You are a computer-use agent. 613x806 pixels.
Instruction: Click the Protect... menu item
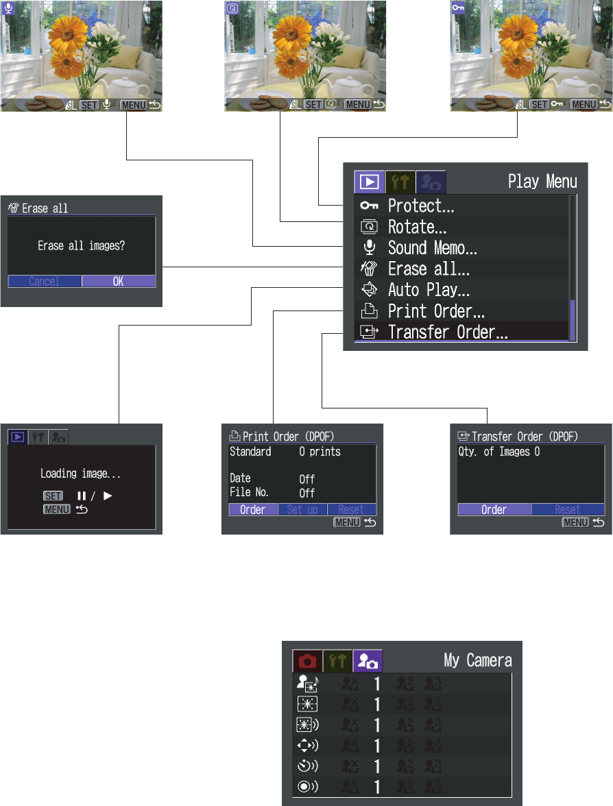click(x=421, y=205)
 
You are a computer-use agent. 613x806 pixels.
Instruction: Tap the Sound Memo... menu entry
click(x=432, y=247)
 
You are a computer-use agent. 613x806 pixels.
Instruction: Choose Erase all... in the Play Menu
click(x=429, y=269)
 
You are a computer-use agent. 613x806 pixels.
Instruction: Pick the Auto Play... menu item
click(x=429, y=290)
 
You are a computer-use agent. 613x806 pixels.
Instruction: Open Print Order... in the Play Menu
click(x=436, y=311)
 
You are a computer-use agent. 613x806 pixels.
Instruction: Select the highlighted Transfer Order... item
click(x=447, y=332)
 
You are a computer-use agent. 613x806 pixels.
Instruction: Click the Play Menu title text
click(x=542, y=182)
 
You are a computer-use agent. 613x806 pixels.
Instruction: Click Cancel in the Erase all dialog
click(x=44, y=282)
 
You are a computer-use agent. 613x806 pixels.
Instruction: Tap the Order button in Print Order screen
click(x=253, y=510)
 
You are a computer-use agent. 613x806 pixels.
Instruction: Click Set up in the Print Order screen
click(x=302, y=510)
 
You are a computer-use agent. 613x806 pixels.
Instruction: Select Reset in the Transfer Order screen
click(x=568, y=510)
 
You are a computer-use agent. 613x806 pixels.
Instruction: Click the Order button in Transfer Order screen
click(x=494, y=510)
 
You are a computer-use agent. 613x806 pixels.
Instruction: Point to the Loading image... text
click(x=81, y=474)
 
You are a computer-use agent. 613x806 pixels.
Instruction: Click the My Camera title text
click(x=478, y=660)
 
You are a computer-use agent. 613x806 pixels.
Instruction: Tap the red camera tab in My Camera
click(x=307, y=661)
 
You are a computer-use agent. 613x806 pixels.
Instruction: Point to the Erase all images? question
click(x=81, y=245)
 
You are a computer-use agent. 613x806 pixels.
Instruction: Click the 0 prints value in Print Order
click(x=320, y=452)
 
